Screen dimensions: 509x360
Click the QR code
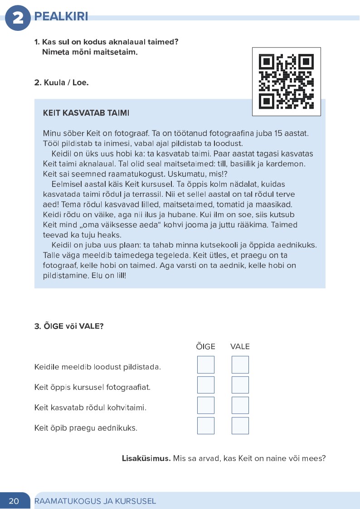[x=286, y=82]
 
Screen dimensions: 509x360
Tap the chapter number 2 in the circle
[x=18, y=18]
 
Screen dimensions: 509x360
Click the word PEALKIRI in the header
[x=61, y=17]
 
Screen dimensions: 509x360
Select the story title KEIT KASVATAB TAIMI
[x=86, y=112]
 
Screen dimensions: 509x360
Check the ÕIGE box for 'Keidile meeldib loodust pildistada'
[x=205, y=365]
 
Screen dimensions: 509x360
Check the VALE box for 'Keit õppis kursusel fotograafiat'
[x=240, y=385]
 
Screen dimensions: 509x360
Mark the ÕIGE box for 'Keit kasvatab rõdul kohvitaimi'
[x=205, y=405]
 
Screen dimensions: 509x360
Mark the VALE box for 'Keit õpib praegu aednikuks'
[x=240, y=426]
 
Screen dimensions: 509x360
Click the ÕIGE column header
[x=205, y=347]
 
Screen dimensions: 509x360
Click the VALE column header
[x=240, y=347]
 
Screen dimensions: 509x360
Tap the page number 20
[x=14, y=501]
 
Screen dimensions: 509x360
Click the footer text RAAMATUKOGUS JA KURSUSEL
[x=95, y=501]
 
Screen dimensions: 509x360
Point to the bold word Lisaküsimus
[x=146, y=458]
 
